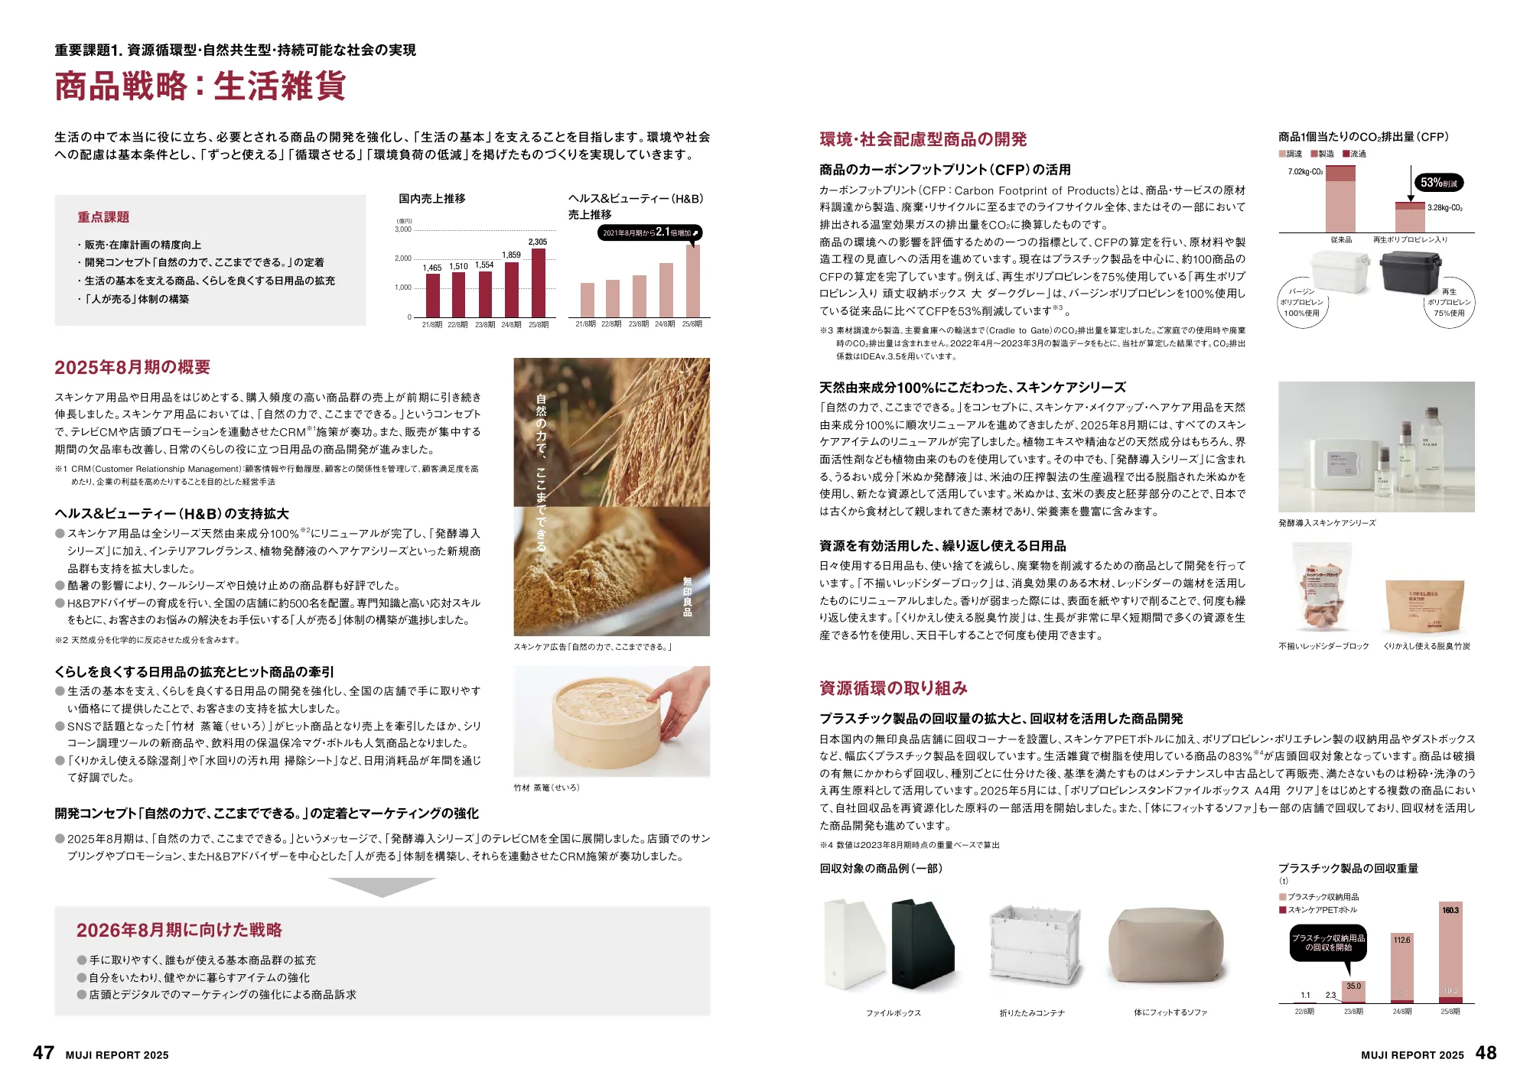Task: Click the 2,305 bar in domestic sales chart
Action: (x=539, y=283)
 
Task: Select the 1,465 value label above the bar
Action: (x=432, y=268)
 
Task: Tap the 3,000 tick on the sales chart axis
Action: (x=403, y=229)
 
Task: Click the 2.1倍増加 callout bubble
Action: (x=649, y=232)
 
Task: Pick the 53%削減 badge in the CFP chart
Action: (x=1439, y=183)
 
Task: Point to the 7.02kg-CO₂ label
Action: (x=1305, y=172)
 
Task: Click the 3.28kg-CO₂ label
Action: (x=1445, y=208)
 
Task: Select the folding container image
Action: (x=1036, y=948)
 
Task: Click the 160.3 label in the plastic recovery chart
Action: (x=1450, y=910)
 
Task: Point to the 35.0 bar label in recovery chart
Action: (x=1353, y=986)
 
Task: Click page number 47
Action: (x=44, y=1053)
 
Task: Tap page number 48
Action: (x=1486, y=1053)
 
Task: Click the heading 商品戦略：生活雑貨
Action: (x=200, y=86)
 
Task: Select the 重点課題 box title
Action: (x=103, y=217)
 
